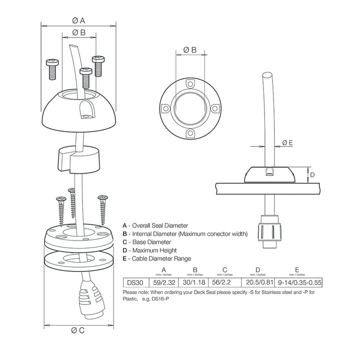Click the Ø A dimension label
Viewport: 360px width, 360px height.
coord(78,20)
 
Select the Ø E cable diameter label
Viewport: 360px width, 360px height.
coord(287,142)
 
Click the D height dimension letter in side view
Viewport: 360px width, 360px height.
coord(312,174)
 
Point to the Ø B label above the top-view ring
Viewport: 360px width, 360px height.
coord(189,49)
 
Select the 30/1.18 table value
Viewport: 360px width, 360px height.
coord(195,282)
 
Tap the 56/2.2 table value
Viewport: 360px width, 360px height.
coord(224,282)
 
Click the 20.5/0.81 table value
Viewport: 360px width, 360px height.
coord(257,282)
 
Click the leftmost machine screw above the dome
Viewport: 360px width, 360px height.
coord(51,69)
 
